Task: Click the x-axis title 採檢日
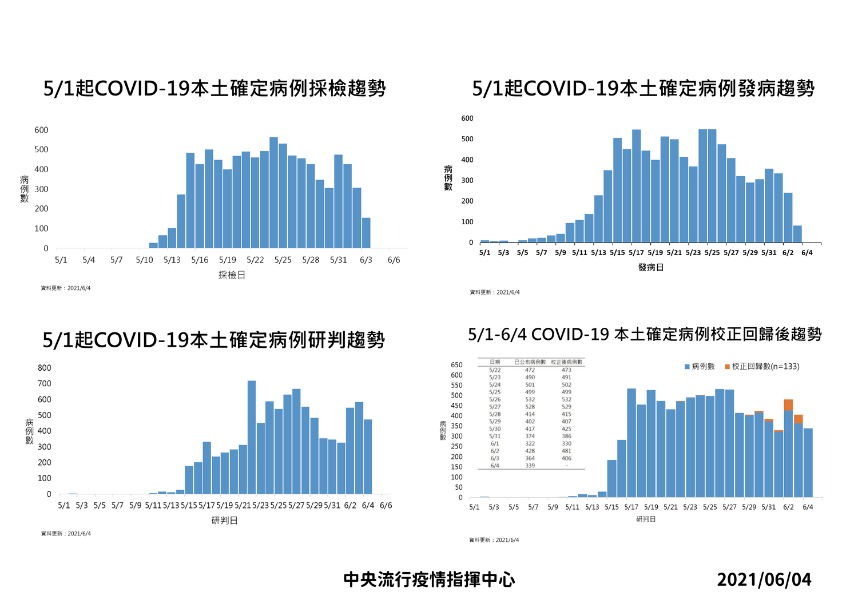coord(232,275)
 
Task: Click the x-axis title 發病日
coord(651,267)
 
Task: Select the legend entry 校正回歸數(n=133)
coord(762,366)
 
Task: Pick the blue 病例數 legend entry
coord(700,366)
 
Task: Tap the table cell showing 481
coord(566,451)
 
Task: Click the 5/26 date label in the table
coord(495,399)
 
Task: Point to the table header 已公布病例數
coord(530,362)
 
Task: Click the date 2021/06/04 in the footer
coord(764,580)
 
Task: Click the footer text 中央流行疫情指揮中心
coord(429,580)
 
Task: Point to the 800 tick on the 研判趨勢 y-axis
coord(45,368)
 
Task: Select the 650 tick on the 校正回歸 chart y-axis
coord(456,365)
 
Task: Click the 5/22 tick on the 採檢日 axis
coord(255,260)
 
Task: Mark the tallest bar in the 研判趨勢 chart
coord(252,437)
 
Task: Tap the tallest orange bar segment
coord(788,405)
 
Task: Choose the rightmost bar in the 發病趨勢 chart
coord(797,234)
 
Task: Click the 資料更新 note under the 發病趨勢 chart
coord(495,292)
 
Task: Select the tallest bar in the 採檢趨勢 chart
coord(273,193)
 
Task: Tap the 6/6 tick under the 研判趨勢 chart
coord(386,506)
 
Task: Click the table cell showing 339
coord(530,466)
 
